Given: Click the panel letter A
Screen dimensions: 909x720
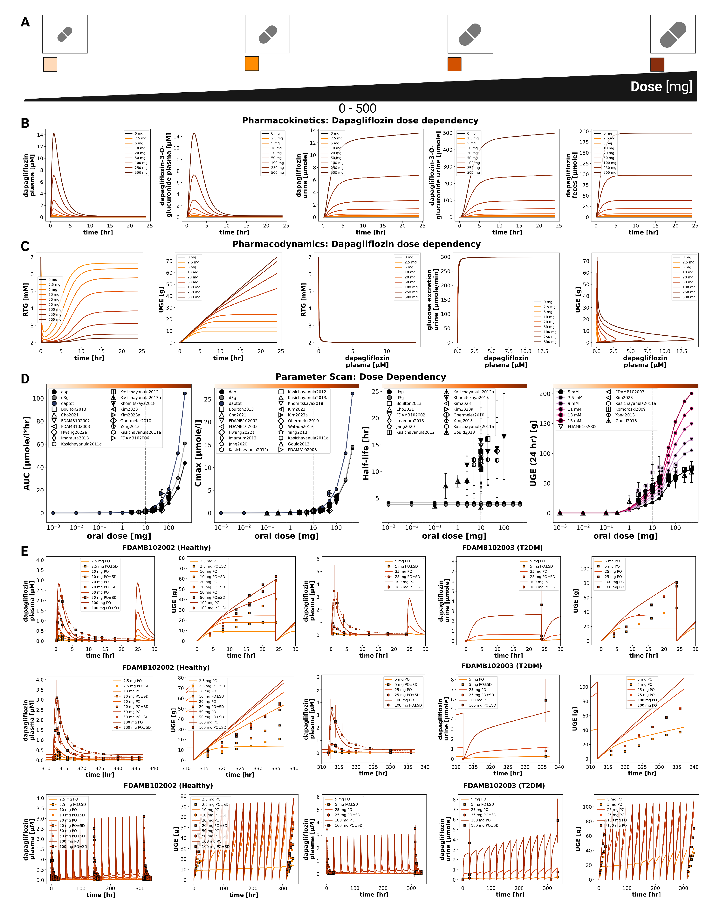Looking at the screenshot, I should [x=25, y=22].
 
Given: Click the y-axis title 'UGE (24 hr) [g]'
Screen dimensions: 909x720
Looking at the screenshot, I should [x=533, y=453].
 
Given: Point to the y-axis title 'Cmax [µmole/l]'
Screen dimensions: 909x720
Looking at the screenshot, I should [x=198, y=453].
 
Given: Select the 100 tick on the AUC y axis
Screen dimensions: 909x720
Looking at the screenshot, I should [x=38, y=398].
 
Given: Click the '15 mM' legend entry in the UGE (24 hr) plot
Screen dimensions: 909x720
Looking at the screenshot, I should [x=573, y=421].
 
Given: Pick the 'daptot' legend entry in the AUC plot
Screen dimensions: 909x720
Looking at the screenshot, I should [x=67, y=403].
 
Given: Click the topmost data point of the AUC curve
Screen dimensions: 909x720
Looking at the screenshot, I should [x=185, y=393].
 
